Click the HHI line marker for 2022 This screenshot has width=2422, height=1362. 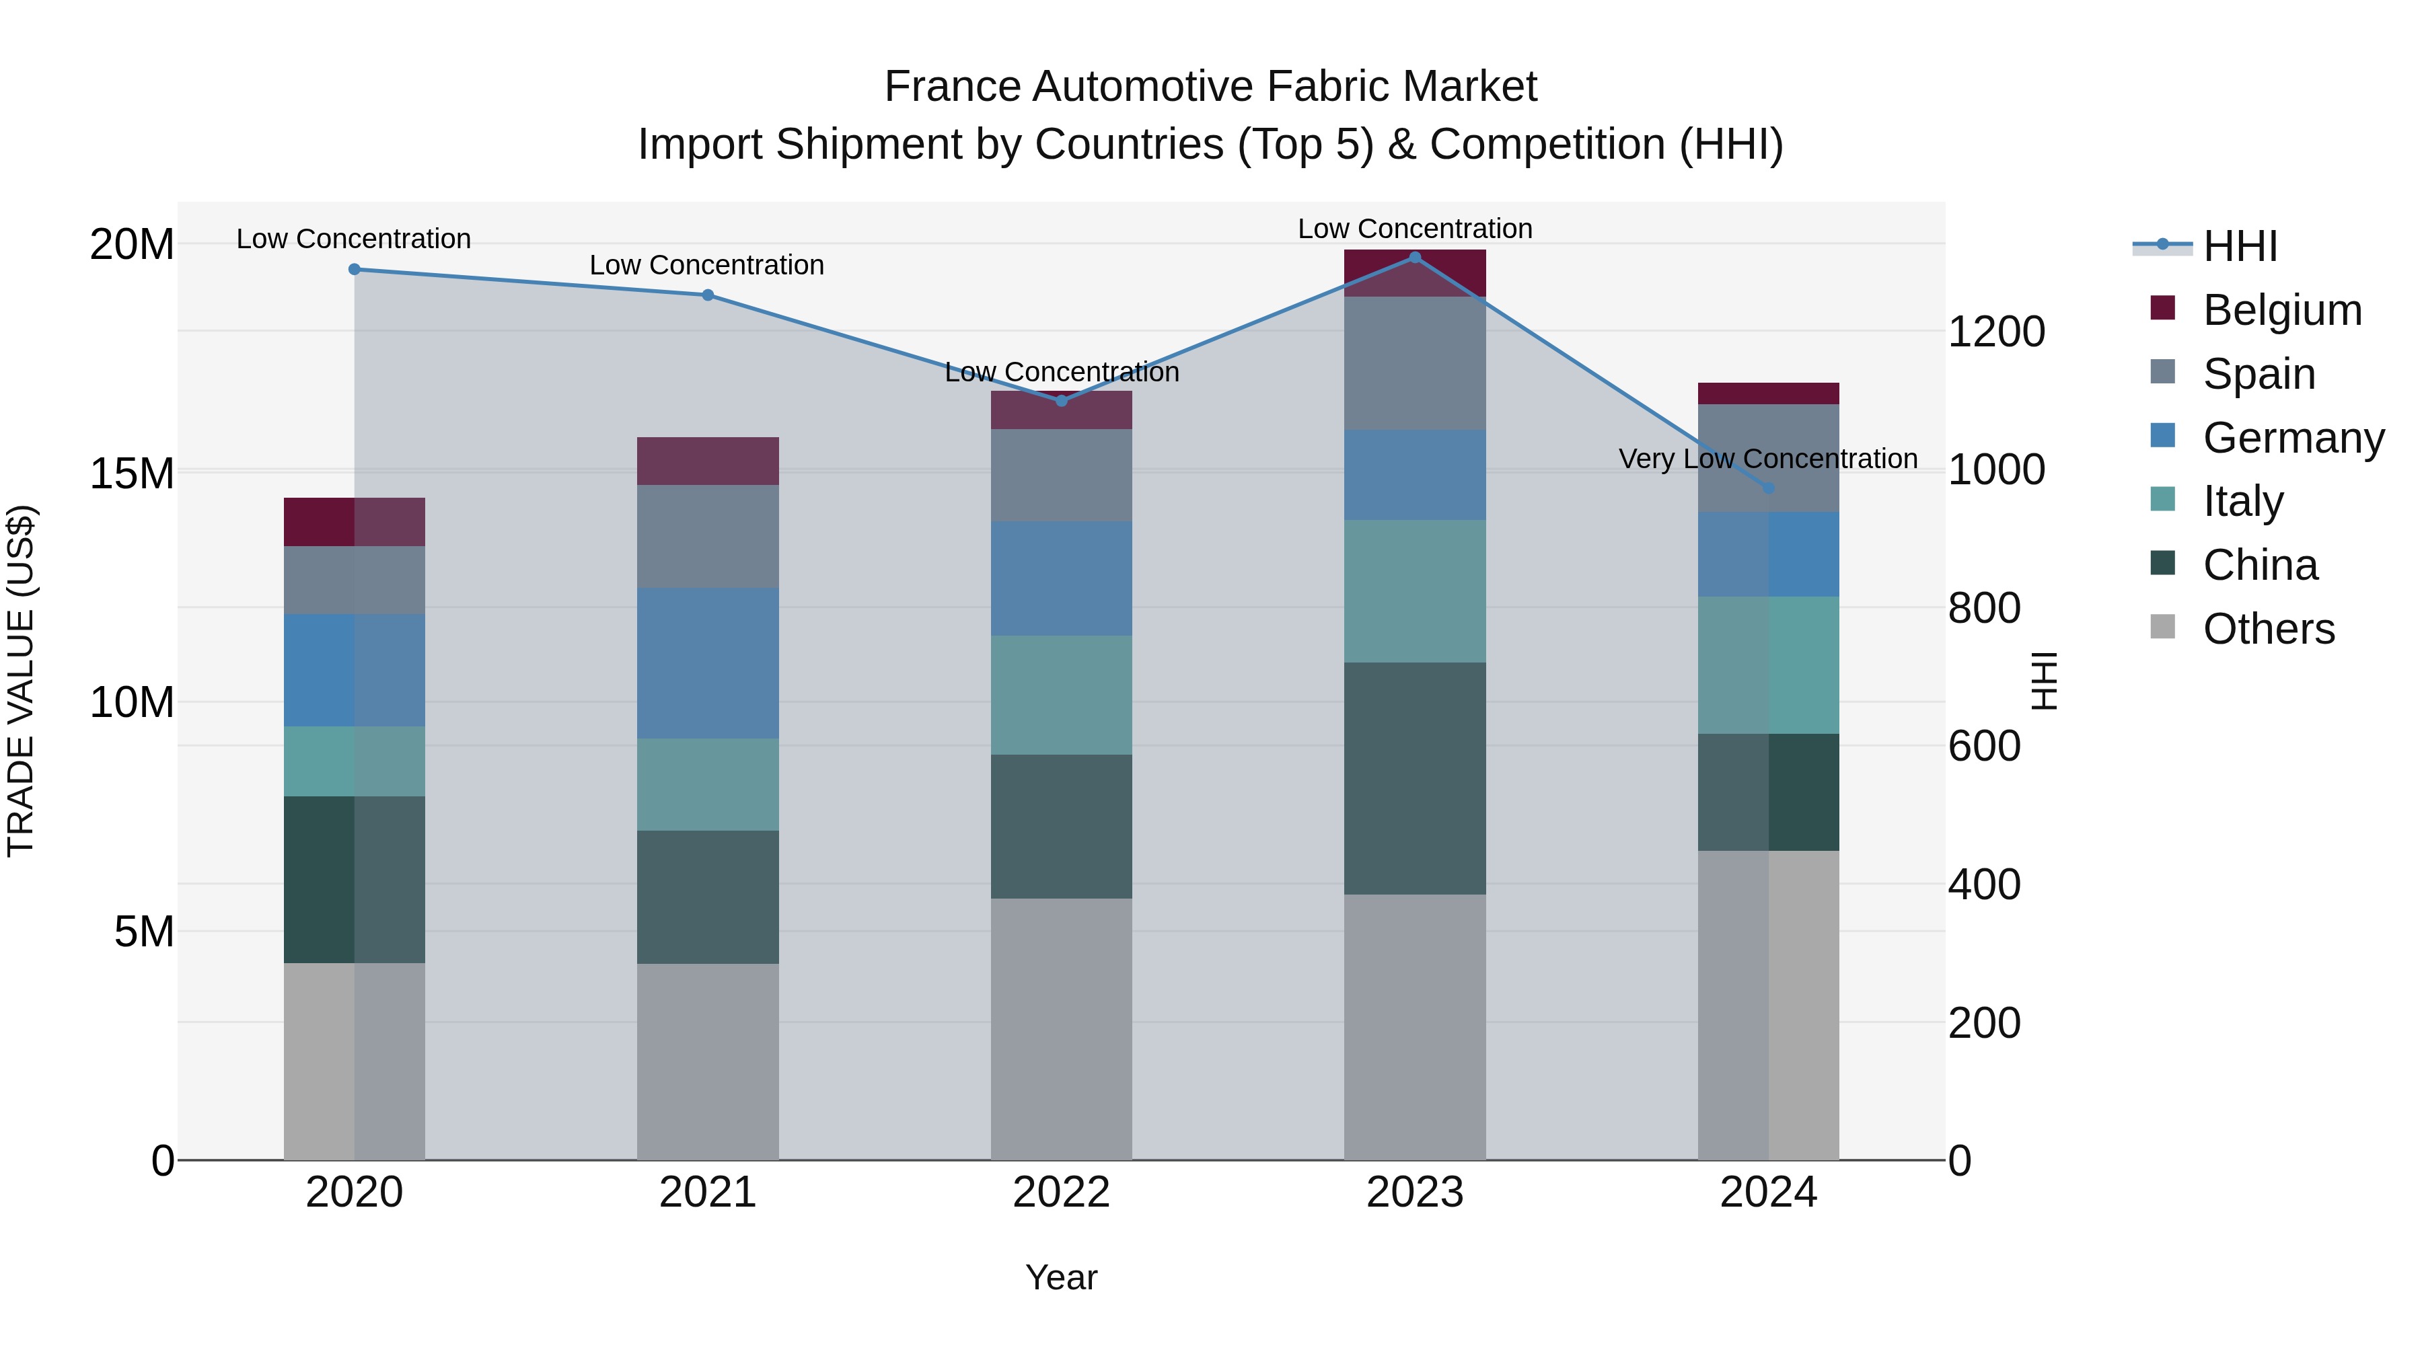pos(1062,400)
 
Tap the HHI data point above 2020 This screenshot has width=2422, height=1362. pos(355,270)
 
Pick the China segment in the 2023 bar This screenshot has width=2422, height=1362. pos(1415,778)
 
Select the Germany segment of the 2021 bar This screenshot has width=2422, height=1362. pos(708,664)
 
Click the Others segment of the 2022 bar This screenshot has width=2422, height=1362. pos(1062,1028)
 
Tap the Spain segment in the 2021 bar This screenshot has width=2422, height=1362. pos(708,537)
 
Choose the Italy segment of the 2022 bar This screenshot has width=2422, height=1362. pos(1062,695)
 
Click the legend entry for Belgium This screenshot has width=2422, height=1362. pos(2282,310)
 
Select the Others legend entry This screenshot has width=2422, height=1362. pos(2268,629)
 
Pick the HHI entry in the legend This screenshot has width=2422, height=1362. pos(2240,246)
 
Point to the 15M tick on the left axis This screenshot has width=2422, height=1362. pos(132,474)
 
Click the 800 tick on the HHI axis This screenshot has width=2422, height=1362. pos(1984,608)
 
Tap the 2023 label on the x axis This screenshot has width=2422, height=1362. pos(1415,1193)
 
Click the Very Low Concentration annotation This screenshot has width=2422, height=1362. pos(1767,459)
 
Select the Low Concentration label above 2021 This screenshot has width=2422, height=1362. pos(707,265)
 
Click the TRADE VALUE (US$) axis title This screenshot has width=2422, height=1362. pos(21,681)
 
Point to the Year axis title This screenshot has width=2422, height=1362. pos(1062,1277)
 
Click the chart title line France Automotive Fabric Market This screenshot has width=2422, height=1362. pos(1210,87)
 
